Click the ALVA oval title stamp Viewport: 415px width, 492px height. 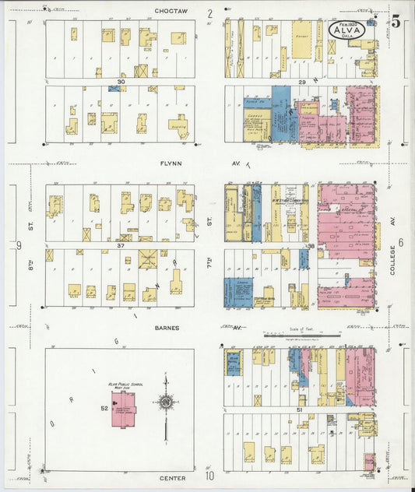346,30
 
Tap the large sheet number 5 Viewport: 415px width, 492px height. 396,22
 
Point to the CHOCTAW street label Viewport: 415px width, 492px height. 172,12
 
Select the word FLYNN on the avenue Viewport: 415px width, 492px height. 171,163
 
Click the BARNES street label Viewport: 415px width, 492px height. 164,328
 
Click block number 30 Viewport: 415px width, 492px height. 121,82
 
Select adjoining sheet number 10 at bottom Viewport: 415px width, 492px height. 209,475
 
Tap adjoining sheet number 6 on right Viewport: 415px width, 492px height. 401,242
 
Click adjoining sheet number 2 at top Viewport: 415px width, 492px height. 209,12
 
